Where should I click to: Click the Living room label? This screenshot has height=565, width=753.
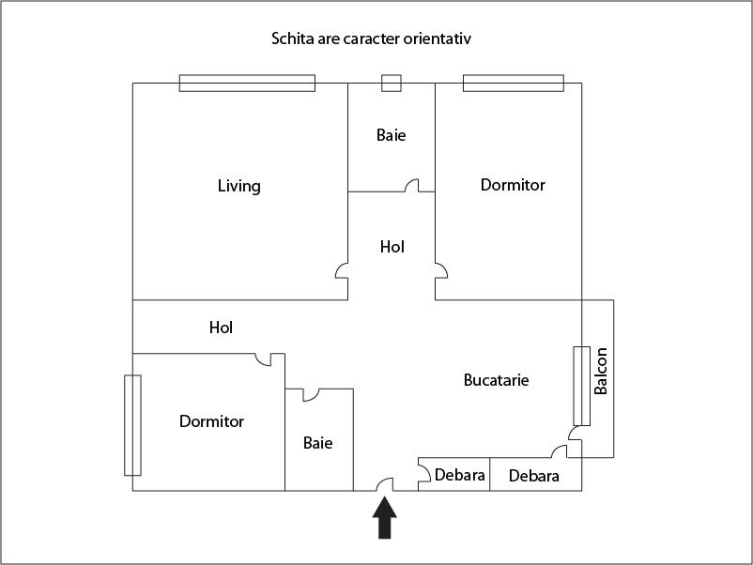[239, 186]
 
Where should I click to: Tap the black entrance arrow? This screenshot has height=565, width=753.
[385, 517]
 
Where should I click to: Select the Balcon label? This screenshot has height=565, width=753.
[601, 371]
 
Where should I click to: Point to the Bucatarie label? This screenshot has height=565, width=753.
[496, 380]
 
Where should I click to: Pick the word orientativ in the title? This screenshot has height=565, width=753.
[437, 38]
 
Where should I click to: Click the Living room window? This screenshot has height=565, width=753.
[247, 83]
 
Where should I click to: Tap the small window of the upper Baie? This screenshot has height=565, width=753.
[392, 83]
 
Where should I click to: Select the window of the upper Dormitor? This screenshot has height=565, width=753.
[514, 83]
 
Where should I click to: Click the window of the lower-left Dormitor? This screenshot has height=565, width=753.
[132, 425]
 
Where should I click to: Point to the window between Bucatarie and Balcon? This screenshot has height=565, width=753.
[581, 386]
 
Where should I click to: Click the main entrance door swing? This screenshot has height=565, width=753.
[385, 484]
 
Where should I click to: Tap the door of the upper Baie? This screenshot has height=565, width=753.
[412, 185]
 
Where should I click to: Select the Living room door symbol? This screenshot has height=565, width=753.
[342, 270]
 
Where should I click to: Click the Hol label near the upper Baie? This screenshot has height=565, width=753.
[392, 247]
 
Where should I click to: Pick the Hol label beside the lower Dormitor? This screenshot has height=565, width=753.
[221, 328]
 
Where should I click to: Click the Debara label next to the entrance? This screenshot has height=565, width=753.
[459, 475]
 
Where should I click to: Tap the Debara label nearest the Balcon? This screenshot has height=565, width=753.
[533, 476]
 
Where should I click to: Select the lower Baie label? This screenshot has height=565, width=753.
[318, 443]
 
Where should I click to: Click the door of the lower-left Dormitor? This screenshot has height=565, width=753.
[263, 359]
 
